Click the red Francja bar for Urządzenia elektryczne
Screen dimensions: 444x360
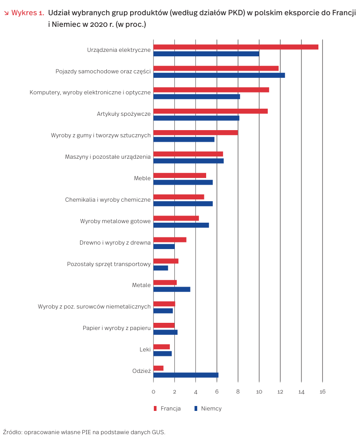(236, 47)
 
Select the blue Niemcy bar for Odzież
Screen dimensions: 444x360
(186, 375)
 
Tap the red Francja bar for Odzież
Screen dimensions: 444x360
(158, 368)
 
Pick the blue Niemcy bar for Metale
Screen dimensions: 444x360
(172, 289)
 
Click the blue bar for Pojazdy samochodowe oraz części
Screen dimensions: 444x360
(219, 75)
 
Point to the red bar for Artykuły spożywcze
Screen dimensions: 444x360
(210, 111)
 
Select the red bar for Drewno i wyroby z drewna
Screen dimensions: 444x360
(170, 240)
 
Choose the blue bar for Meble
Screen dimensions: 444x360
(183, 182)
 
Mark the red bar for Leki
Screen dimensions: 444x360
(161, 347)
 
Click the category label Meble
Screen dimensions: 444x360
(142, 178)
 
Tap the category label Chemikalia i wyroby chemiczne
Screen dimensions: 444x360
(108, 200)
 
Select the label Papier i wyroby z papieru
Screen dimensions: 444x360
(116, 328)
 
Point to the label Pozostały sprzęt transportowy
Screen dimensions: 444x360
(109, 264)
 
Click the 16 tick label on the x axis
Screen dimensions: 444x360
(322, 392)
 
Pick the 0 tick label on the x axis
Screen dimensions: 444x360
(153, 392)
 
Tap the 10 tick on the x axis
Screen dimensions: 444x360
(259, 392)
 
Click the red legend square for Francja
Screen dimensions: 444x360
(156, 408)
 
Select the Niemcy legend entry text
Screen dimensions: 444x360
(211, 408)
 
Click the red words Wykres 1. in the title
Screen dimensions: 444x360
(27, 13)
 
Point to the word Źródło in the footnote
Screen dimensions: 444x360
(12, 432)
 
